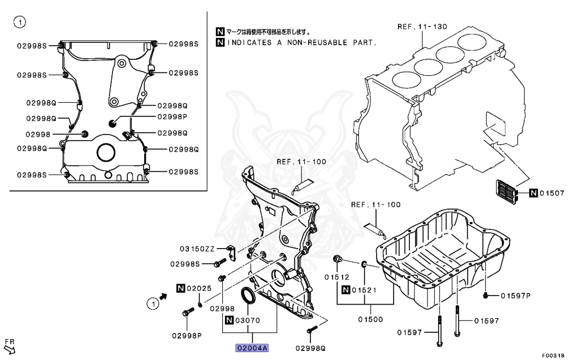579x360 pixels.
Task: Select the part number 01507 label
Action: coord(552,194)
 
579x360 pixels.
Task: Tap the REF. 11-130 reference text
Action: coord(422,27)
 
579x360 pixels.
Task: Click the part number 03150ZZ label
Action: coord(197,249)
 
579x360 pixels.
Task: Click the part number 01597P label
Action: coord(515,296)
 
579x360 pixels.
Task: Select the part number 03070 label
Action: coord(247,320)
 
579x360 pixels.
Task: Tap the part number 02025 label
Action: coord(199,288)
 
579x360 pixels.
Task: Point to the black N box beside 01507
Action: coord(533,194)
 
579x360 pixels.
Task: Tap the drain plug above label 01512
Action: coord(338,260)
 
